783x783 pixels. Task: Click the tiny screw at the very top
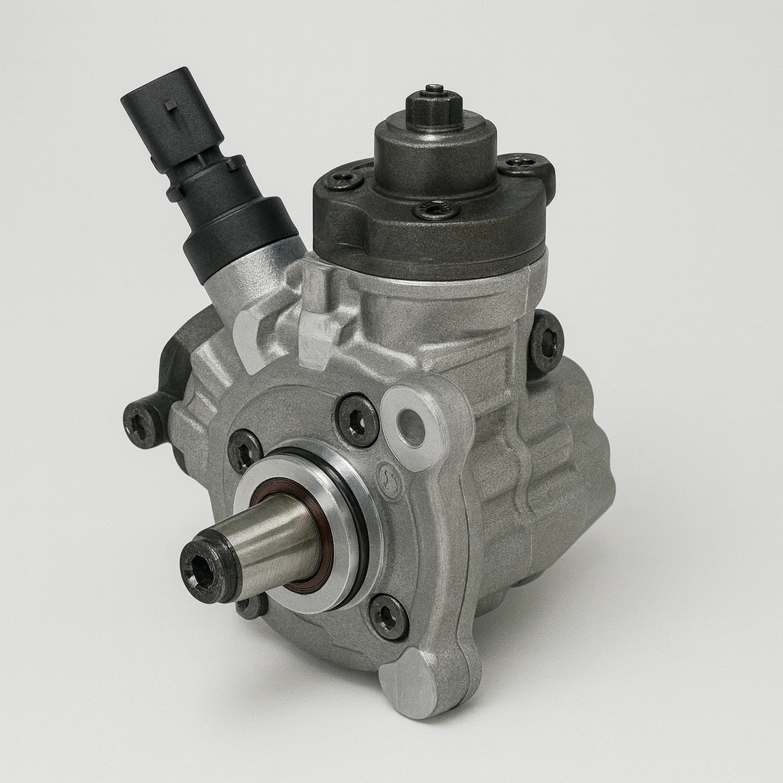tap(434, 89)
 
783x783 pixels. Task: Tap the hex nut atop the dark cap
tap(434, 109)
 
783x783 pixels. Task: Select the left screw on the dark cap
tap(343, 180)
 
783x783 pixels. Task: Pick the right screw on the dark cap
tap(522, 162)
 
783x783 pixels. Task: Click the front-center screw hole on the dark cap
tap(437, 210)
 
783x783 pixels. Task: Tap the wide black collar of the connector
tap(239, 236)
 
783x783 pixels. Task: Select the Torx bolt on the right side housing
tap(547, 343)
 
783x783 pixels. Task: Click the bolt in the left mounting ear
tap(142, 423)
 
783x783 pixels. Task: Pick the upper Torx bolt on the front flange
tap(358, 420)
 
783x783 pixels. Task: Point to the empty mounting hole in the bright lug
tap(411, 427)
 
